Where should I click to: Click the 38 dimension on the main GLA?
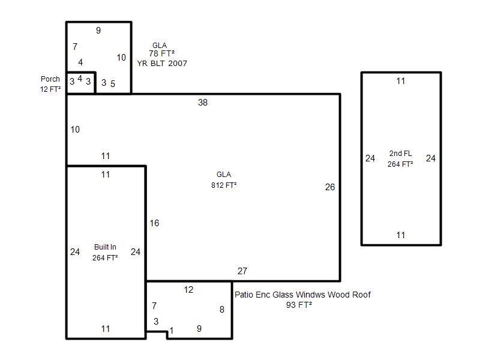[x=203, y=102]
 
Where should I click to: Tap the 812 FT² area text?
[x=224, y=185]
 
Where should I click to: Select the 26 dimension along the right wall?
[x=330, y=187]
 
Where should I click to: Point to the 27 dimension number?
[x=242, y=271]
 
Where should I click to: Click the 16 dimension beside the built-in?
[x=154, y=223]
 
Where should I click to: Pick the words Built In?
[x=105, y=247]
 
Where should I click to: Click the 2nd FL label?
[x=400, y=154]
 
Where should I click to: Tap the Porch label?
[x=50, y=79]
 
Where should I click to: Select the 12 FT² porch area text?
[x=50, y=89]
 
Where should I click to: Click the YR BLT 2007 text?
[x=162, y=64]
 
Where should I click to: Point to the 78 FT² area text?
[x=161, y=53]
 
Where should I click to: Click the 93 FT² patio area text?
[x=299, y=305]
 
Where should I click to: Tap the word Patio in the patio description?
[x=244, y=295]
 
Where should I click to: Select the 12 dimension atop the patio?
[x=188, y=290]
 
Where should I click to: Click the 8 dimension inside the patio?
[x=222, y=310]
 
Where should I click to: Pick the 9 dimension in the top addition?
[x=98, y=31]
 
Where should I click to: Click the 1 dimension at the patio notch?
[x=172, y=331]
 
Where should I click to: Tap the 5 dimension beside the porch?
[x=113, y=83]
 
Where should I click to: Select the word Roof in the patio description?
[x=362, y=295]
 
